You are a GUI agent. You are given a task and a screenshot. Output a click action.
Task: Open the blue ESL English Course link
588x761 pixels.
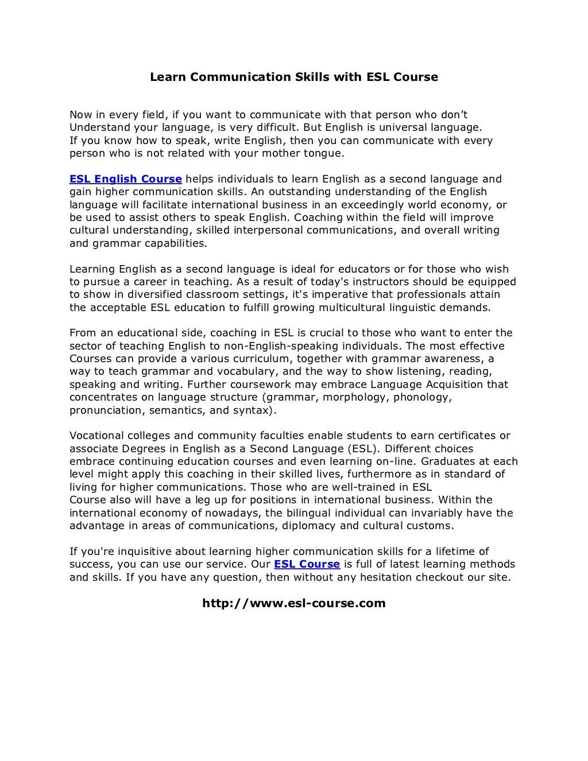click(x=126, y=179)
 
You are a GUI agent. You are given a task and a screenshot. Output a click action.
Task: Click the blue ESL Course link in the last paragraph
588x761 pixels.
click(x=307, y=564)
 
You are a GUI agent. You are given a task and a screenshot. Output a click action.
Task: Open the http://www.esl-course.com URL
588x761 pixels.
click(x=294, y=603)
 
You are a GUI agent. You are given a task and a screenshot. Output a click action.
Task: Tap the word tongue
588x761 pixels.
click(x=326, y=153)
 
